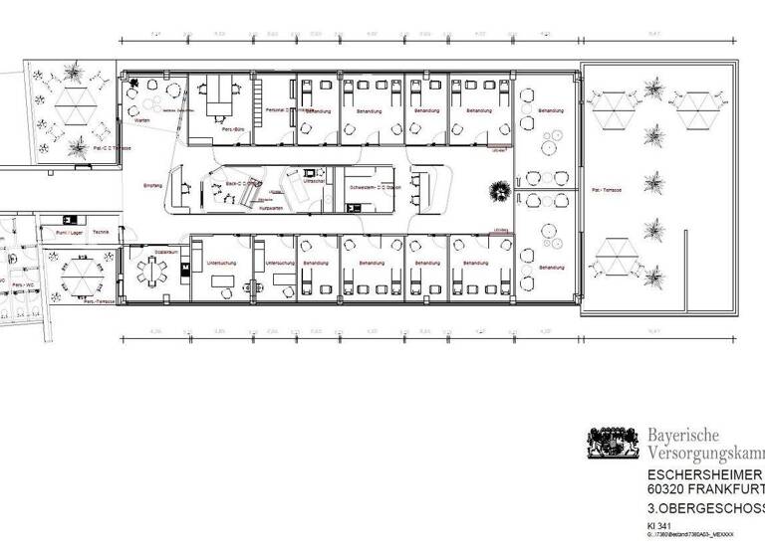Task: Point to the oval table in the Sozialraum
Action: [x=149, y=271]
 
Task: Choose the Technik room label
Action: [x=100, y=231]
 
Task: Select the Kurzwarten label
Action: [x=270, y=209]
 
